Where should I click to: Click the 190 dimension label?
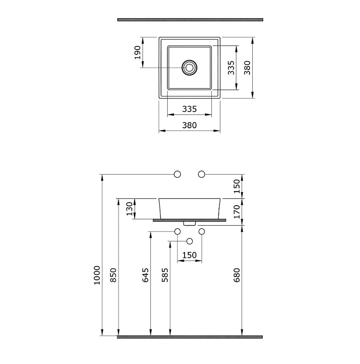(138, 52)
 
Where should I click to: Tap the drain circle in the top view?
(190, 67)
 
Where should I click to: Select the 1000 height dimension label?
(97, 275)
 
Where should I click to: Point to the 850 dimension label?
(113, 275)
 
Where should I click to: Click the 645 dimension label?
(145, 275)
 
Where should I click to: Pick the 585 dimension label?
(165, 275)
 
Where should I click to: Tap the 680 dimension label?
(237, 275)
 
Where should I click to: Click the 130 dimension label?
(130, 209)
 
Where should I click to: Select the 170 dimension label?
(237, 212)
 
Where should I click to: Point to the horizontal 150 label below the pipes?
(190, 255)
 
